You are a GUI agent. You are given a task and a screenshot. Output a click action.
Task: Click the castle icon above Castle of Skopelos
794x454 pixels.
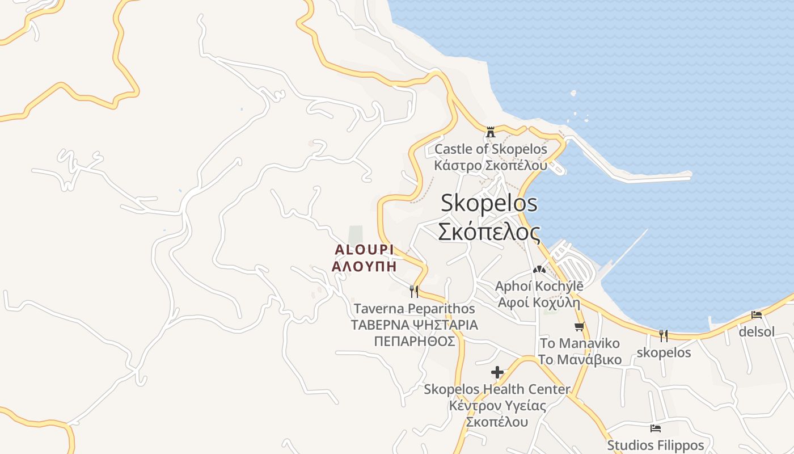click(x=491, y=132)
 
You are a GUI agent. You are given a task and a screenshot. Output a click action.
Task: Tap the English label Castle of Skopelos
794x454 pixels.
click(x=491, y=149)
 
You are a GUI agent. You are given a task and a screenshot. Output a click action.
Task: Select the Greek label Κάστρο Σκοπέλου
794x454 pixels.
click(x=491, y=165)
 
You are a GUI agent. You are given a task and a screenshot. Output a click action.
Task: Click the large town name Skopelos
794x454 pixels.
click(x=489, y=203)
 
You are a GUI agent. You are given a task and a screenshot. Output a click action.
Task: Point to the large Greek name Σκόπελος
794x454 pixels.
click(x=489, y=232)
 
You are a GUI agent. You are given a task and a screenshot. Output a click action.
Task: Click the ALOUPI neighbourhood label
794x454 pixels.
click(x=364, y=250)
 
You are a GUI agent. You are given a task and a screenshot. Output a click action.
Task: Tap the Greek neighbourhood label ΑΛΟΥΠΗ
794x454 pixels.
click(x=364, y=266)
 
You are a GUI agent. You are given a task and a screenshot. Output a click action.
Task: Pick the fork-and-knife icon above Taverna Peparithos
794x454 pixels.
click(x=414, y=292)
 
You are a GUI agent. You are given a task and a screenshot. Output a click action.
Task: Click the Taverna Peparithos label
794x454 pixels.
click(x=414, y=309)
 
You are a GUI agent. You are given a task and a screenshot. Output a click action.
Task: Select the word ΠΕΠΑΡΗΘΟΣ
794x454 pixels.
click(x=415, y=341)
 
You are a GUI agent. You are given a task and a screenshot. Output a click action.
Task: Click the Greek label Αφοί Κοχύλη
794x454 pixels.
click(x=539, y=302)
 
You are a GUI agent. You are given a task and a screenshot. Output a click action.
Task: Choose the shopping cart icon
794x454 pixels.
click(x=579, y=326)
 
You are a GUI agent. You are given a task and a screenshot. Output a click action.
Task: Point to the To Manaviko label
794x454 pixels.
click(x=580, y=343)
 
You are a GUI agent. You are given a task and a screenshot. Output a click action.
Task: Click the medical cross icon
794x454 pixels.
click(x=497, y=372)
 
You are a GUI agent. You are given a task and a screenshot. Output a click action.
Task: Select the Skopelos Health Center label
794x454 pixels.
click(x=497, y=389)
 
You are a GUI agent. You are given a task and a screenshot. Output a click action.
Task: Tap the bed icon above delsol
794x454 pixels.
click(x=756, y=314)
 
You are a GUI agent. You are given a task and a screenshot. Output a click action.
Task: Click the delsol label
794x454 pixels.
click(x=756, y=331)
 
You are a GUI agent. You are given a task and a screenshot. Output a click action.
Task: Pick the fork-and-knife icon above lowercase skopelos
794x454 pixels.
click(x=664, y=335)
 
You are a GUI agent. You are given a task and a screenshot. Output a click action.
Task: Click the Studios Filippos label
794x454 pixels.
click(x=656, y=445)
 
